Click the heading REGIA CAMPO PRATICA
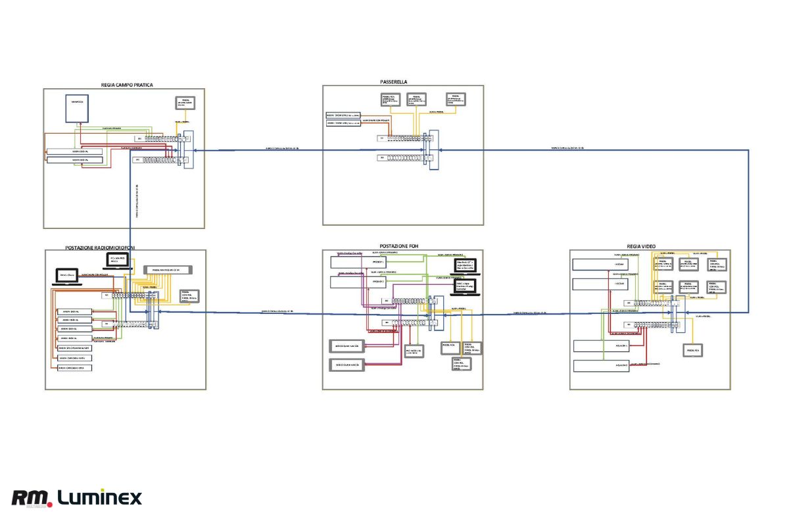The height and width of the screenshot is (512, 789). click(x=128, y=85)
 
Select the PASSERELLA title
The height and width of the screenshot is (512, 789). click(x=394, y=82)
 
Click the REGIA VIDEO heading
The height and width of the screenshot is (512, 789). click(x=641, y=246)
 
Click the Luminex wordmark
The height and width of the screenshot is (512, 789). click(x=99, y=498)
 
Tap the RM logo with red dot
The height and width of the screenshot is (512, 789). click(x=32, y=498)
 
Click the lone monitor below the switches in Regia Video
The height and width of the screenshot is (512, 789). click(x=693, y=351)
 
